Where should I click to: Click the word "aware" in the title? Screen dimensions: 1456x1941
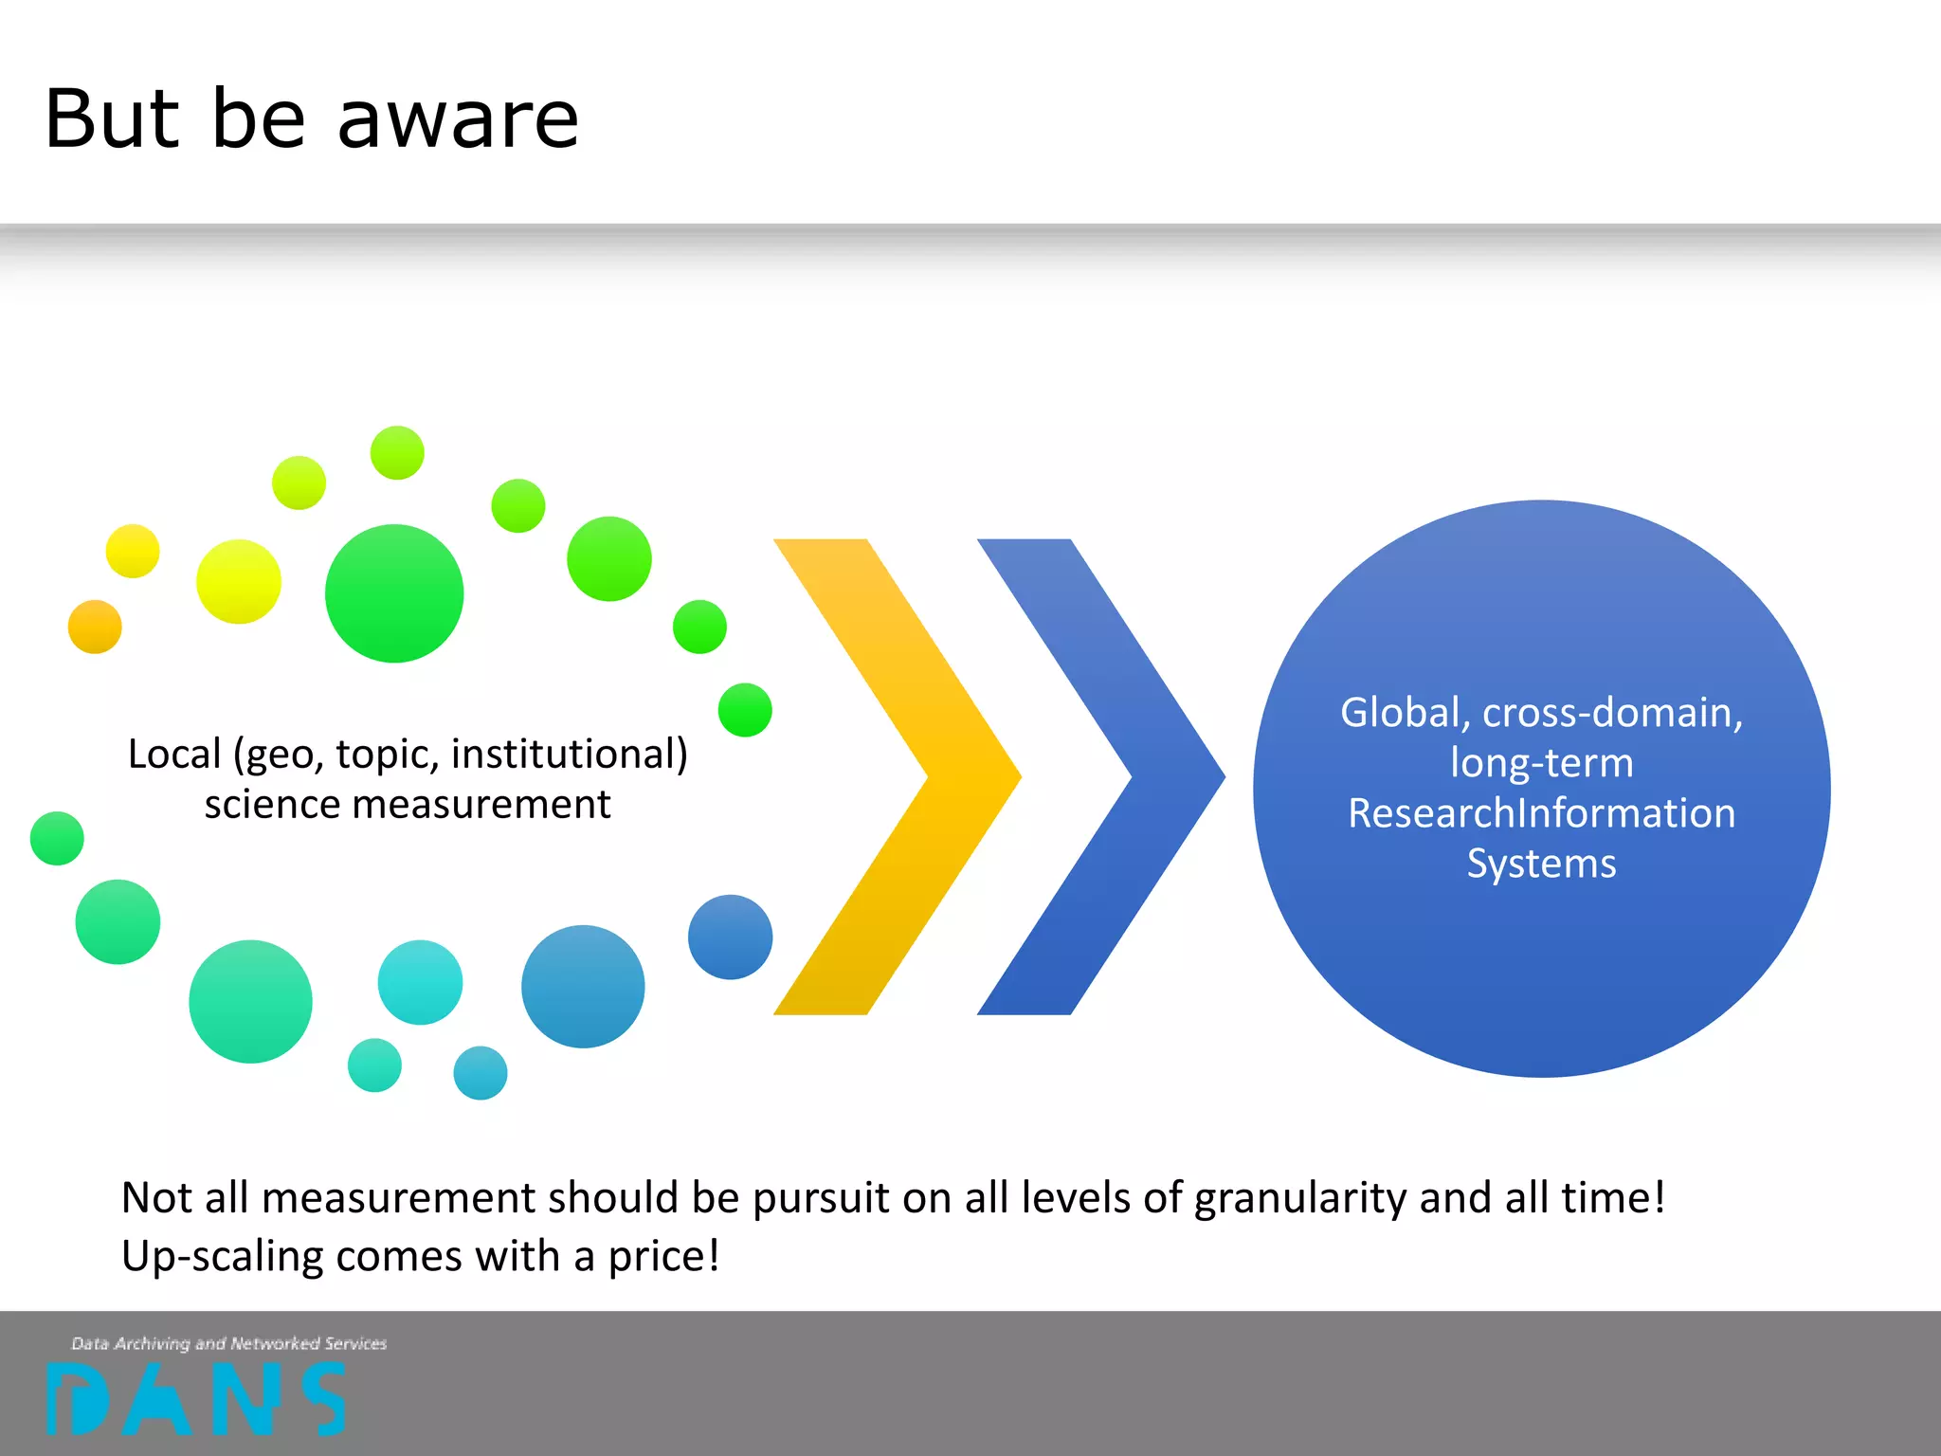click(458, 120)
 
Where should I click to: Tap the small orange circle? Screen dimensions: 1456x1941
click(95, 627)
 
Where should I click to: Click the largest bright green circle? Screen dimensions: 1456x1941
click(394, 593)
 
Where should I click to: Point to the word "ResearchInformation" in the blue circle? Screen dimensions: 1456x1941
click(1541, 813)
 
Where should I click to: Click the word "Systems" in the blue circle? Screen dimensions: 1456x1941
click(1541, 864)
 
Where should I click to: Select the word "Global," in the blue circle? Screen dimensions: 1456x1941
click(1405, 713)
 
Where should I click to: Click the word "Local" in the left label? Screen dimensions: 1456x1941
click(174, 755)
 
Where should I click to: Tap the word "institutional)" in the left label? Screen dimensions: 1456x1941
click(569, 755)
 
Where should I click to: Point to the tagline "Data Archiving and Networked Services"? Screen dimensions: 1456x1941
click(229, 1343)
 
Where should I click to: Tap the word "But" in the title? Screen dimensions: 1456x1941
click(112, 120)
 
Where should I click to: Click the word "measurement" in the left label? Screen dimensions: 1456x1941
click(481, 805)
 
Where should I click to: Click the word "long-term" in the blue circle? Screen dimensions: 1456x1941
click(1541, 763)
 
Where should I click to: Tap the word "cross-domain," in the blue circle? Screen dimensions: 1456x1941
click(1612, 713)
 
